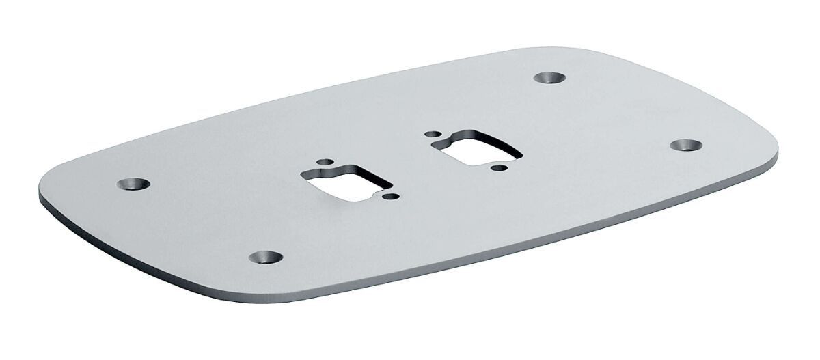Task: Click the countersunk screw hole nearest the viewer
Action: (x=265, y=257)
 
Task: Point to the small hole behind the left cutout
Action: (x=327, y=162)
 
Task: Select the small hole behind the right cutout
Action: (x=432, y=135)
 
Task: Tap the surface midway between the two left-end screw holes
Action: (x=199, y=220)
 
